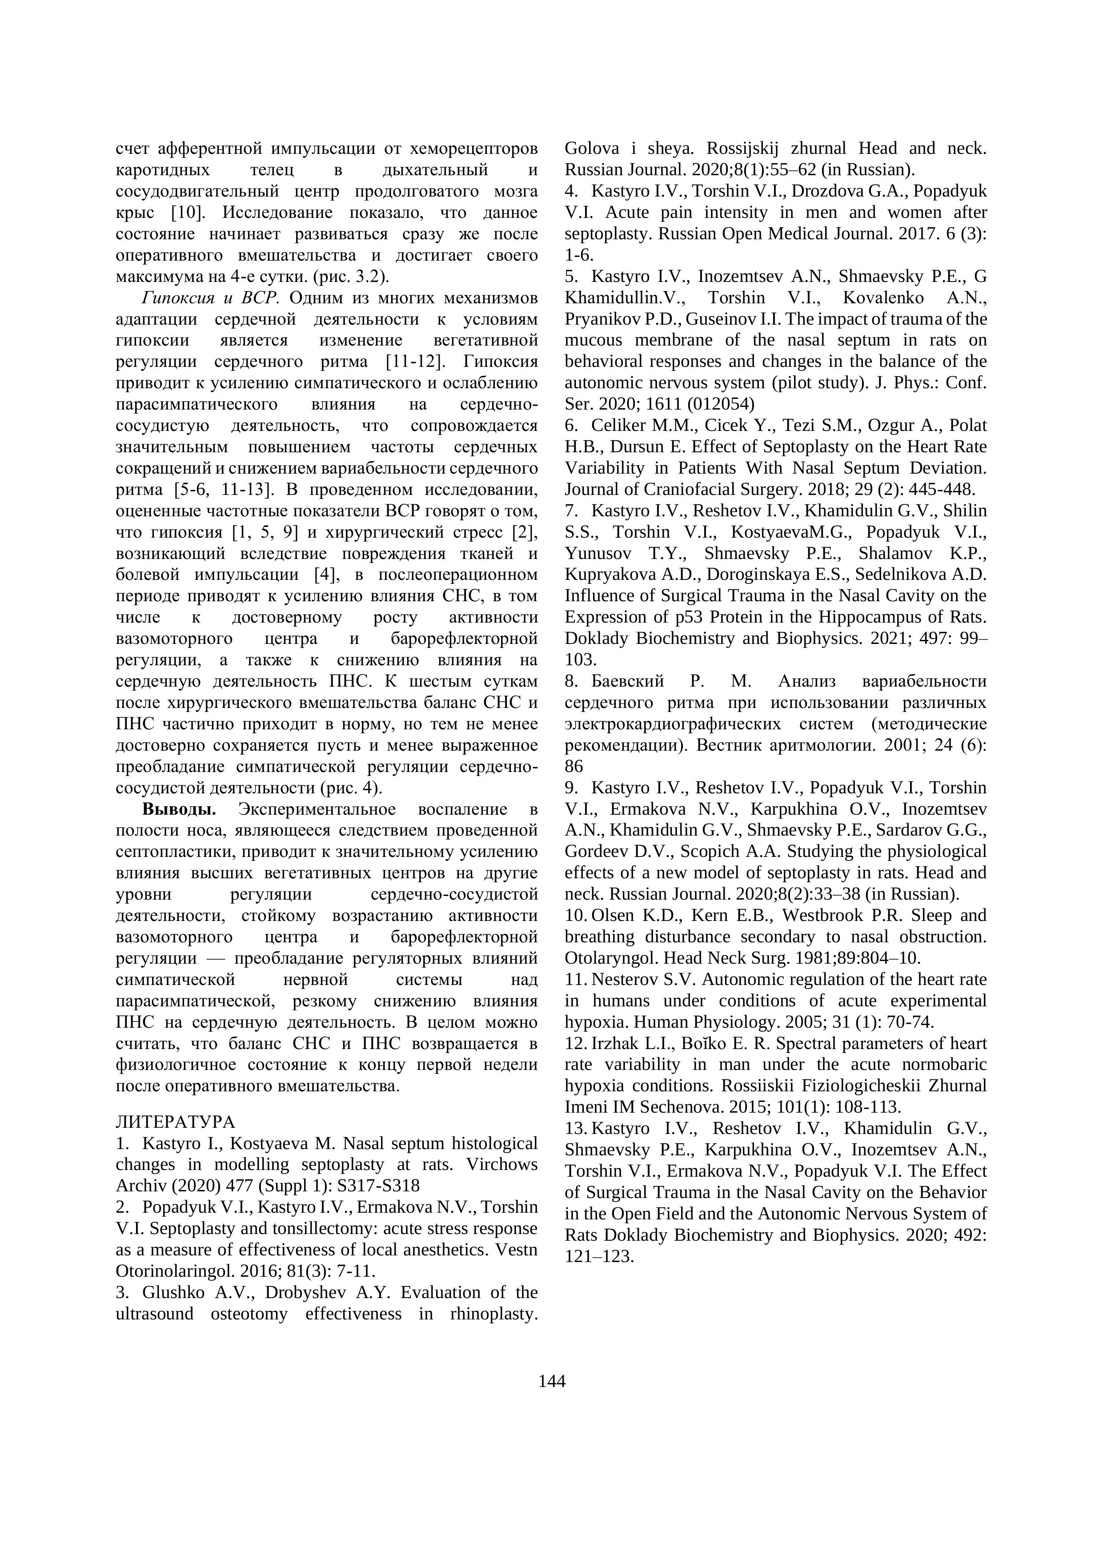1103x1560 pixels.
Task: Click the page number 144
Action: (551, 1381)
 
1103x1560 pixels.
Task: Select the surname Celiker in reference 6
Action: (619, 425)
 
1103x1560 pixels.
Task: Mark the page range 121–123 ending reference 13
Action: (598, 1256)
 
